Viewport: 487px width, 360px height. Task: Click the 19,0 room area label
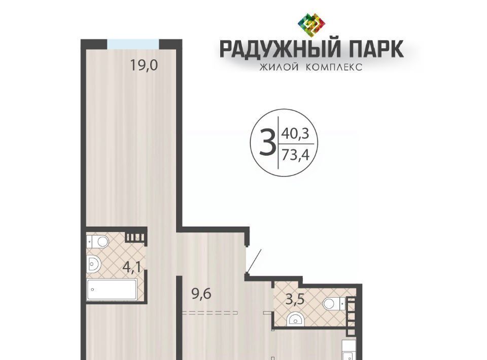tap(144, 65)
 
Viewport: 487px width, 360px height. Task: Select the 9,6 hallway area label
tap(201, 294)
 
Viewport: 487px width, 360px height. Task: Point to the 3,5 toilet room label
tap(295, 300)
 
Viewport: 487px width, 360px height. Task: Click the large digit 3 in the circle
tap(267, 143)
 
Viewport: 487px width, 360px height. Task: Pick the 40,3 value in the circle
tap(295, 134)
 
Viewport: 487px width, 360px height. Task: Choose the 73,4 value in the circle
tap(295, 155)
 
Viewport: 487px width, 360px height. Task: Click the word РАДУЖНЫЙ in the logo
tap(278, 49)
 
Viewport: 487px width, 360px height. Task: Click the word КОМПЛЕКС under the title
tap(334, 67)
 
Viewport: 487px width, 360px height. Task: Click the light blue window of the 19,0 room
tap(133, 44)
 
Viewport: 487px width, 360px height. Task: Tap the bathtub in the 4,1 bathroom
tap(112, 290)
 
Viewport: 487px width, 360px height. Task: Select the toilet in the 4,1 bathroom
tap(98, 241)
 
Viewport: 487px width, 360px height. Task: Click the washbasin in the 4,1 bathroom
tap(94, 264)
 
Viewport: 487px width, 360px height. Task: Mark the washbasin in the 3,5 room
tap(295, 319)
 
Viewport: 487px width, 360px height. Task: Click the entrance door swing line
tap(254, 261)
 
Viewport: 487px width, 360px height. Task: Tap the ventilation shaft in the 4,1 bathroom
tap(135, 237)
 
